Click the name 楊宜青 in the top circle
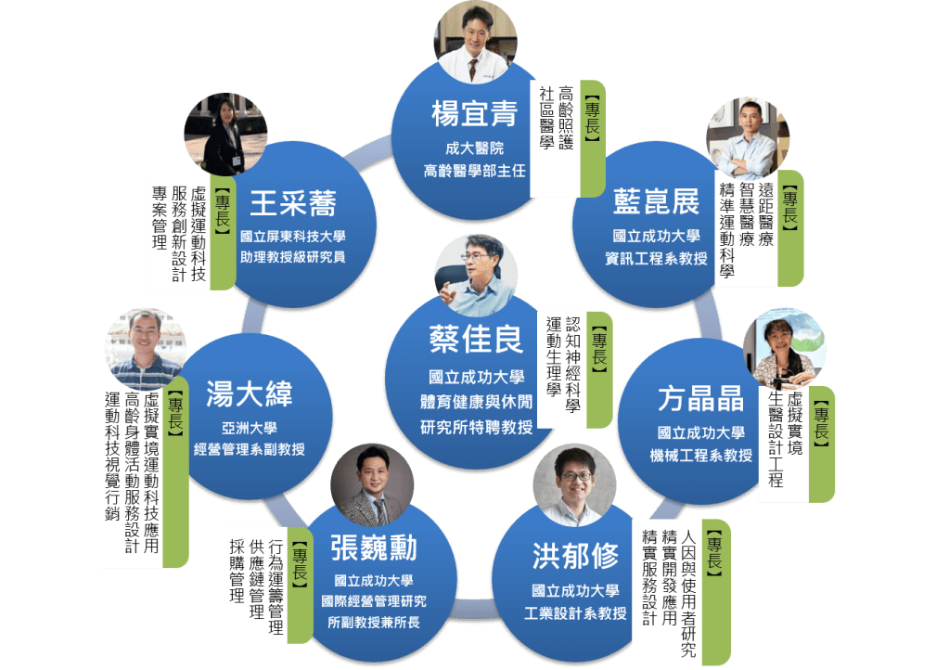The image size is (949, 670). tap(473, 115)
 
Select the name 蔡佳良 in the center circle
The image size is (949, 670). tap(476, 339)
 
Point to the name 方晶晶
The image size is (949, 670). tap(700, 400)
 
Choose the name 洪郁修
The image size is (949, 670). tap(575, 555)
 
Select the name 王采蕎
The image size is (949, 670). tap(292, 202)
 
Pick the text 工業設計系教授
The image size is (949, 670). tap(575, 613)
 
